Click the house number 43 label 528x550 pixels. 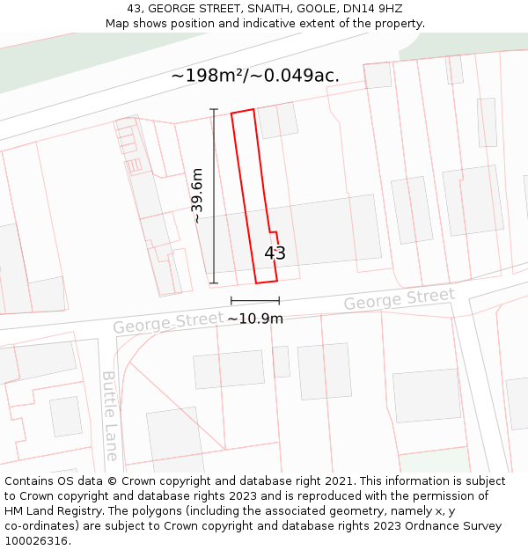point(275,253)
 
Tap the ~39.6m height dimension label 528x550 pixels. point(198,195)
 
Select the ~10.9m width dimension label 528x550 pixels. point(255,319)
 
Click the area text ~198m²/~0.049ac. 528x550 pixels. point(255,76)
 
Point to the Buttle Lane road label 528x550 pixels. point(110,415)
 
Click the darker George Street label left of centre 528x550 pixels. point(168,321)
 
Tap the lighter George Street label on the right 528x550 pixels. point(399,298)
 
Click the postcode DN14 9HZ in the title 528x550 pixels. point(374,9)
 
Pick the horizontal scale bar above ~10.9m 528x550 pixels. point(255,301)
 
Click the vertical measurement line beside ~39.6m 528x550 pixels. point(214,195)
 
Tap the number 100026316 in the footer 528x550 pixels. point(37,540)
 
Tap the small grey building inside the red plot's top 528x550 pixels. point(277,121)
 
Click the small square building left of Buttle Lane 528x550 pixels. point(65,416)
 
